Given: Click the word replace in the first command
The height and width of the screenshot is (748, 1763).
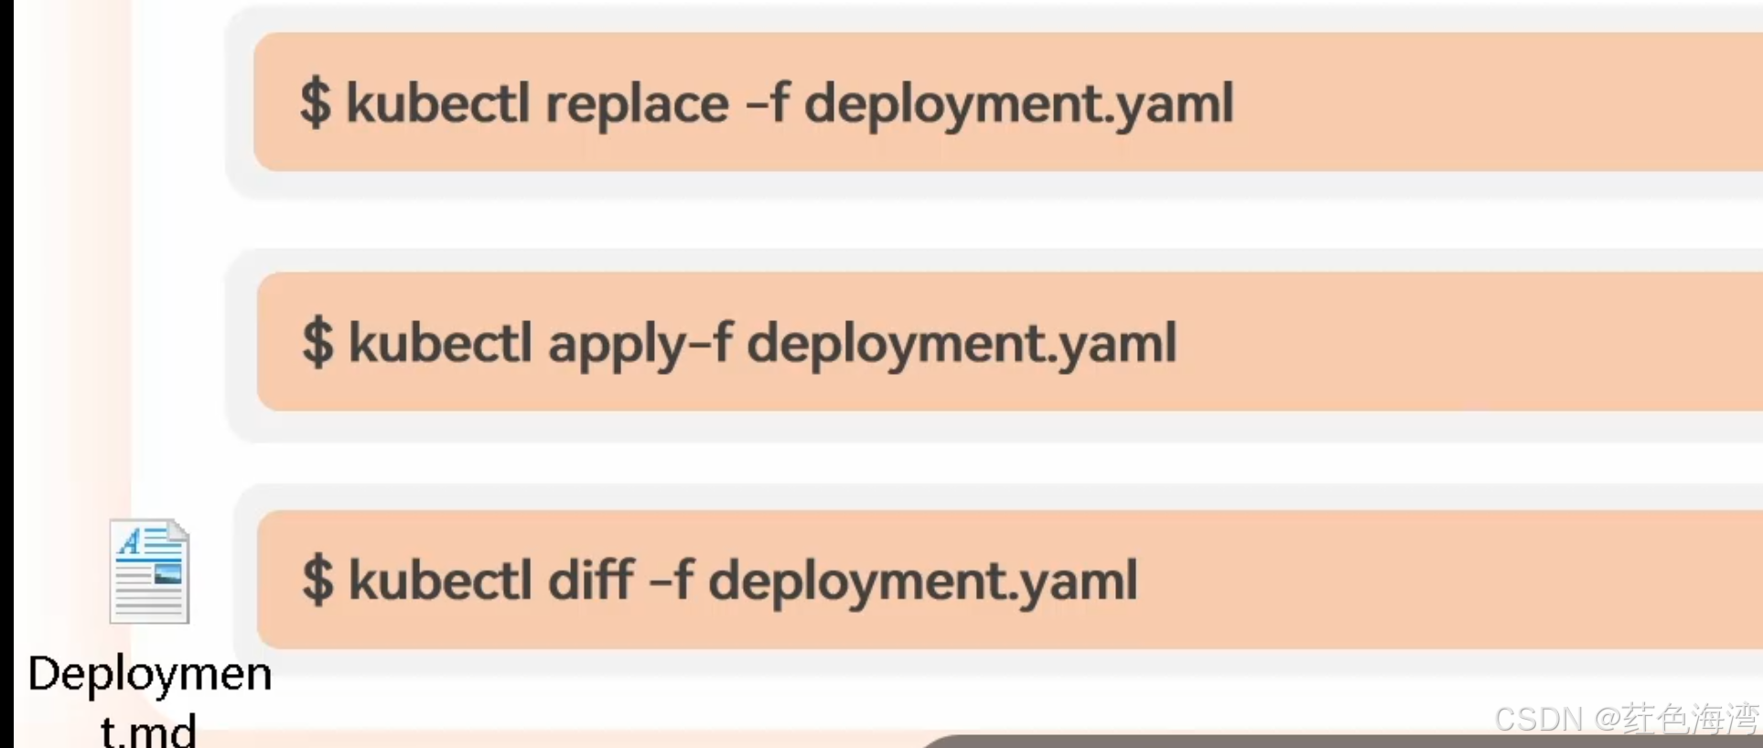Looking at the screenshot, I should [x=637, y=103].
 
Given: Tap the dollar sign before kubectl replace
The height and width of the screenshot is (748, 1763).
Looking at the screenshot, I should [x=316, y=102].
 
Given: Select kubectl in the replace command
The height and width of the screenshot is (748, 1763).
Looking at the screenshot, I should [x=438, y=102].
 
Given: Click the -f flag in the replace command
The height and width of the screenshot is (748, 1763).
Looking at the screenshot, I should [x=767, y=102].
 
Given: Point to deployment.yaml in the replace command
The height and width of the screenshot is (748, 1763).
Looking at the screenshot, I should [x=1018, y=104].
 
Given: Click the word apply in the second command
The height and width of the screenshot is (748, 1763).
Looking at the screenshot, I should [x=617, y=345].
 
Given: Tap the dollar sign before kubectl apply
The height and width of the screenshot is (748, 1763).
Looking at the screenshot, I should [x=317, y=343].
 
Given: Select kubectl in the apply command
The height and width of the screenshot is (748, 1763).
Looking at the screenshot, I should [x=440, y=343].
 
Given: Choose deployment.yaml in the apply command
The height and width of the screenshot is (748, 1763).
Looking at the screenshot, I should [x=962, y=345].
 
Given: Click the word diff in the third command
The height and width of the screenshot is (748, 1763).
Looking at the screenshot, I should [x=591, y=580].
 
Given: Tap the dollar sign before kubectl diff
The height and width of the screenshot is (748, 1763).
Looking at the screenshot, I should [x=317, y=580].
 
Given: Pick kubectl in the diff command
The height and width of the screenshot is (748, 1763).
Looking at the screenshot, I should [x=440, y=580].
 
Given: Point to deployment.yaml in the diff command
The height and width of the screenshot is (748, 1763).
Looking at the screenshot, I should [x=923, y=582].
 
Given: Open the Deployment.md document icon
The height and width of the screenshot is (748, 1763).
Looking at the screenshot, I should [x=149, y=572].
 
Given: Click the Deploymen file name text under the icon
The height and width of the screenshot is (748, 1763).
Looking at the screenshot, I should [x=150, y=675].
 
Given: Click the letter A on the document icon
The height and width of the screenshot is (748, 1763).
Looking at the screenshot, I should [x=131, y=541].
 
